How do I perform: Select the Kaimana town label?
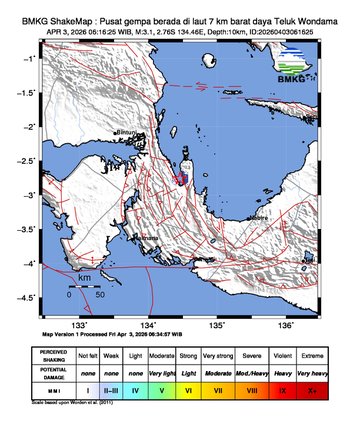pyautogui.click(x=149, y=238)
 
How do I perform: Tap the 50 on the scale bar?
pyautogui.click(x=100, y=296)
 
